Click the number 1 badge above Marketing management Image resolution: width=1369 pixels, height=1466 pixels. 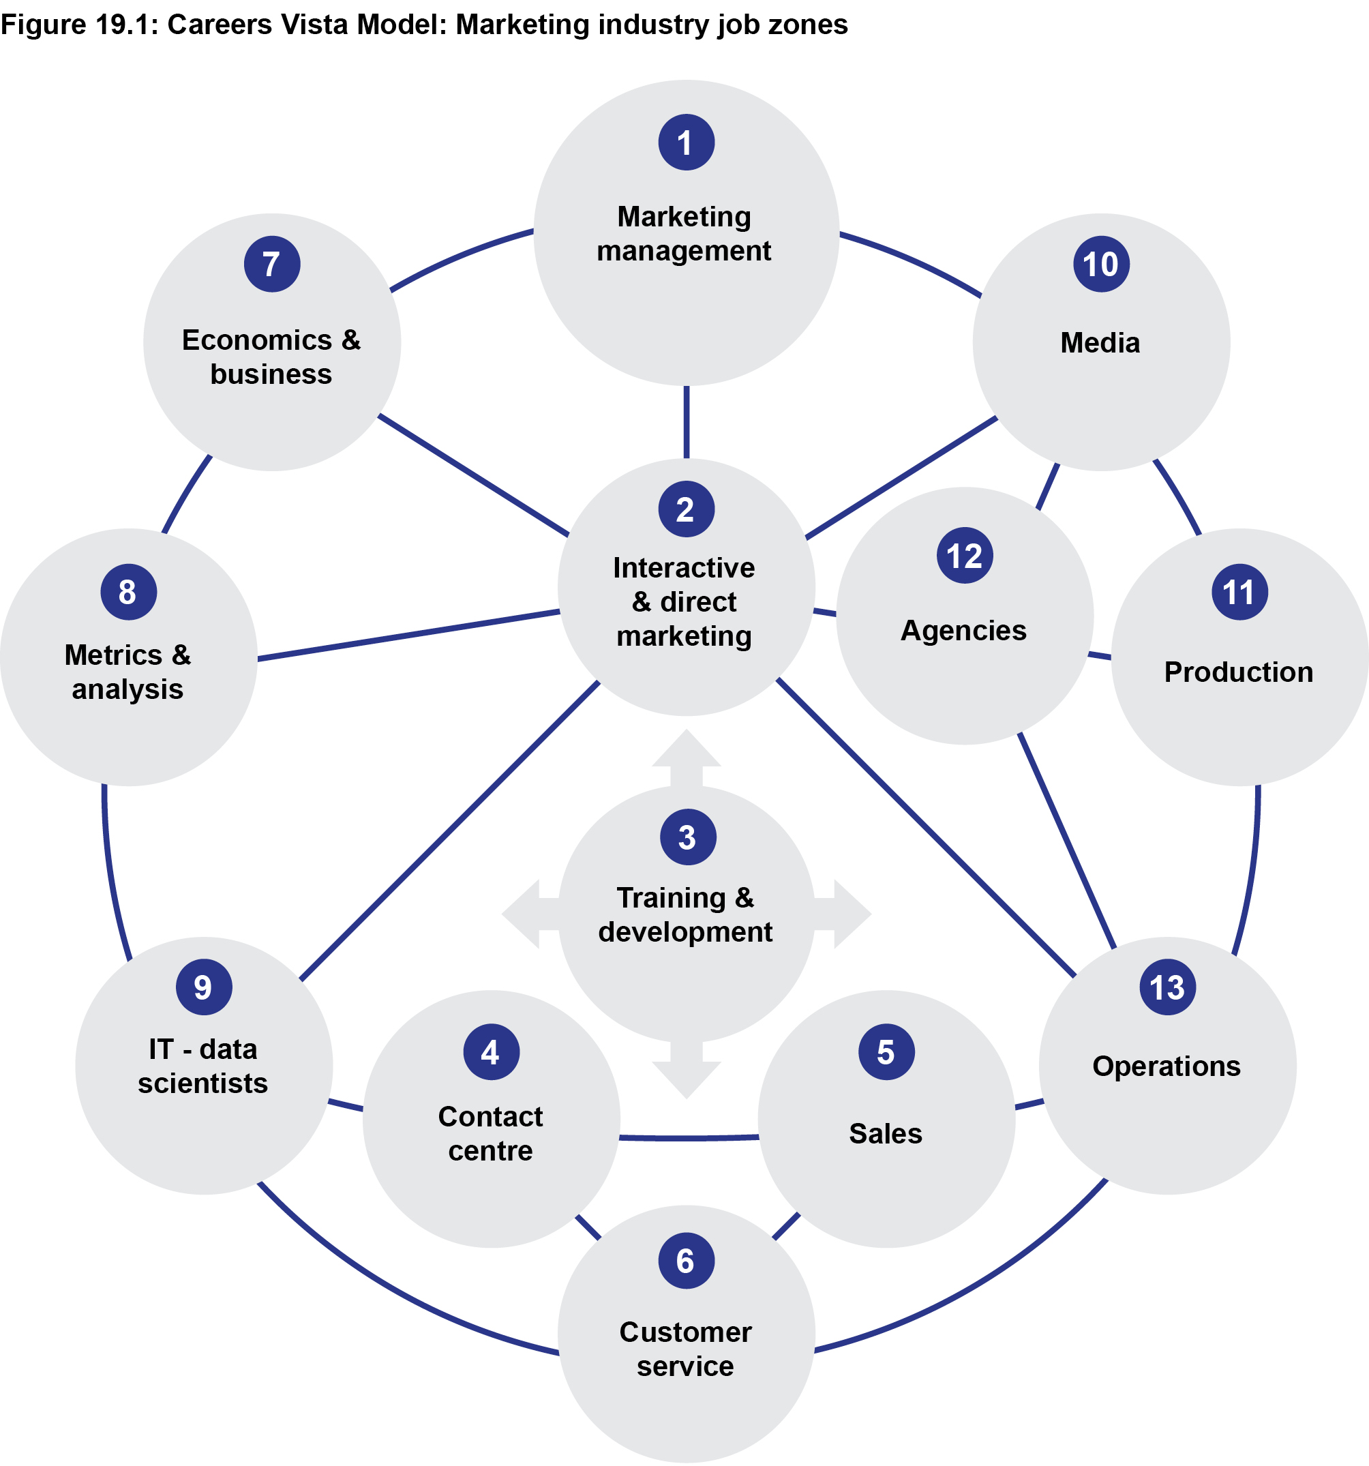click(686, 143)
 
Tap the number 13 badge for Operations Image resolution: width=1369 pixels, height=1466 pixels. click(1167, 987)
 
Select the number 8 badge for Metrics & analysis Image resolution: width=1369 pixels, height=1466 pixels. click(128, 591)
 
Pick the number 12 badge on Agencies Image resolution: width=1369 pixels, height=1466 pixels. click(964, 555)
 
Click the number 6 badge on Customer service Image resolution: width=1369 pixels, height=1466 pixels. click(686, 1261)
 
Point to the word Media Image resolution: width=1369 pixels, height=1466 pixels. click(1100, 343)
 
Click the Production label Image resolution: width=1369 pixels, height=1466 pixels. click(1239, 672)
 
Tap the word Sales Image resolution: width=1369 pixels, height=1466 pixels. click(886, 1133)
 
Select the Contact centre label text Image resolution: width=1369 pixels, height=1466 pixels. click(490, 1133)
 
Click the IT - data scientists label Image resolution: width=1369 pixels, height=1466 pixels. click(202, 1066)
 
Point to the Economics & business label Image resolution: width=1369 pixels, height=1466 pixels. click(271, 357)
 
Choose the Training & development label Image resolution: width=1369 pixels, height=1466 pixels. click(686, 914)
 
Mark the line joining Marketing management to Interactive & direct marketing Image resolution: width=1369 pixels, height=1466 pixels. click(687, 422)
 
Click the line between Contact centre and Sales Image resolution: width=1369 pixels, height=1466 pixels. click(689, 1139)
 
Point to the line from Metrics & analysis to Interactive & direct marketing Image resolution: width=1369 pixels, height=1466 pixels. click(409, 635)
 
